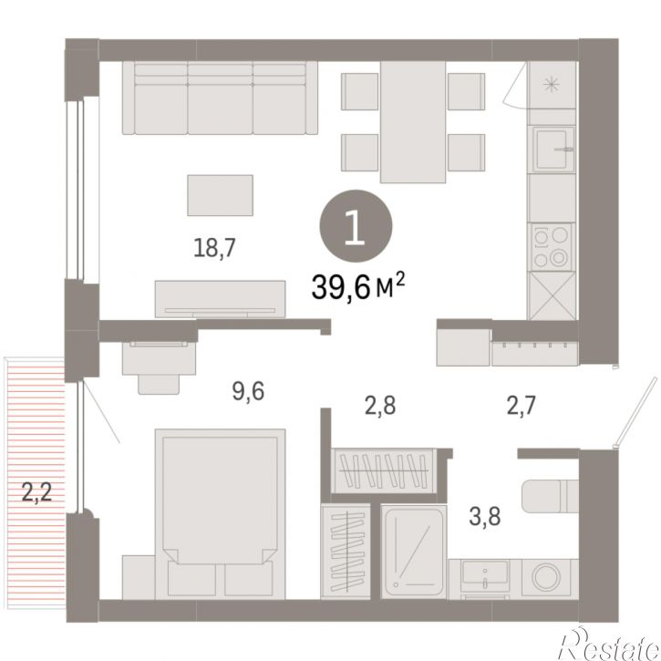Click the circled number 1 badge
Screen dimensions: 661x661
point(356,226)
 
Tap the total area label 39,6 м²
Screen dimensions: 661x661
point(358,286)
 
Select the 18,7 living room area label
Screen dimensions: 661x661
point(214,248)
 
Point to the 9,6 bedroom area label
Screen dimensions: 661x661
point(248,391)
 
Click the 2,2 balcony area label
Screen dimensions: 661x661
point(36,492)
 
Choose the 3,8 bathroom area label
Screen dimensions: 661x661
point(485,516)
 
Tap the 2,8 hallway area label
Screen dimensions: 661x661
point(380,406)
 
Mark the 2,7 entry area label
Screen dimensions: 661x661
point(521,406)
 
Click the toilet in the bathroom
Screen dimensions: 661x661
point(550,496)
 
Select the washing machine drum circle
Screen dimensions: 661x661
point(547,577)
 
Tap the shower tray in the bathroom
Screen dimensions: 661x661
point(414,553)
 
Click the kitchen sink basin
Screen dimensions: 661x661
point(553,149)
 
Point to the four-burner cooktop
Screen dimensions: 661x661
point(552,247)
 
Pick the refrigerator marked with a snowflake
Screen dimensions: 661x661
point(552,85)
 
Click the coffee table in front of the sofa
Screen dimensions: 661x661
point(220,195)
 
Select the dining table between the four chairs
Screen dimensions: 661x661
point(413,122)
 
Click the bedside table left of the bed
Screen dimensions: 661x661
point(139,577)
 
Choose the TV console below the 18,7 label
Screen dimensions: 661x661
point(220,299)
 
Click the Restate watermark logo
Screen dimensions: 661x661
point(609,646)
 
